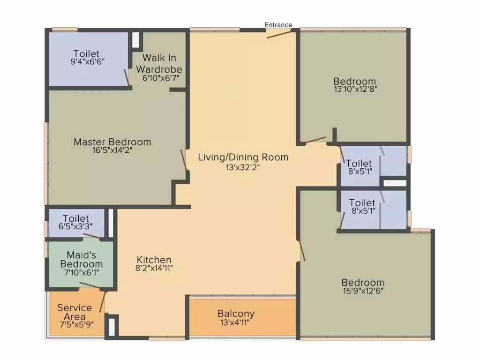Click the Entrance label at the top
click(278, 25)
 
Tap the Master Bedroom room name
click(112, 142)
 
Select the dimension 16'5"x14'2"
click(112, 150)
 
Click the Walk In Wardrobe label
click(159, 63)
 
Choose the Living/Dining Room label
click(243, 157)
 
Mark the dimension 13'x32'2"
click(243, 166)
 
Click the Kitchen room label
click(154, 259)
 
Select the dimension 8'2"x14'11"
click(154, 268)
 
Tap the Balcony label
click(236, 314)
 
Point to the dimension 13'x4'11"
click(236, 322)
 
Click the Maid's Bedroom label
click(82, 259)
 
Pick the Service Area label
click(75, 312)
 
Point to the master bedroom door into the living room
click(184, 161)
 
